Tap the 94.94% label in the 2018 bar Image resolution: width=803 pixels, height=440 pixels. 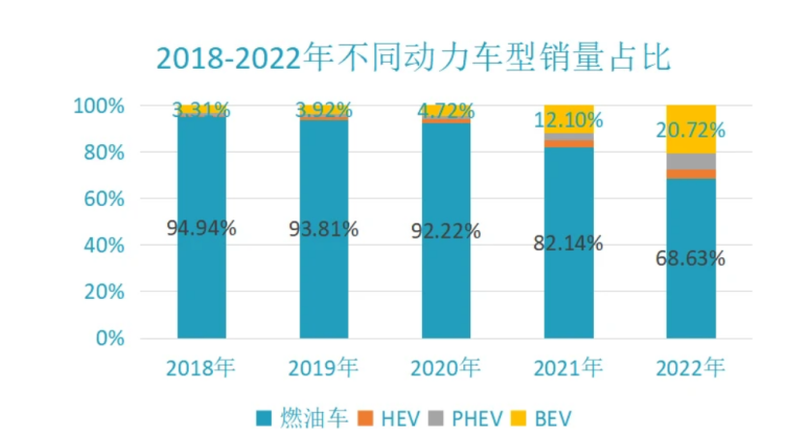[201, 229]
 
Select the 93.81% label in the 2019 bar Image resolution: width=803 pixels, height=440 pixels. [324, 229]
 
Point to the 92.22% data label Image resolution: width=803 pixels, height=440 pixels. [446, 231]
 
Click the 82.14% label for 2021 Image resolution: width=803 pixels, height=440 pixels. [568, 243]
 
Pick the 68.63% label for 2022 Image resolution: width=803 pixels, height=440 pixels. [690, 259]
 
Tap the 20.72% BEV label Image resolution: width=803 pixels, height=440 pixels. [690, 130]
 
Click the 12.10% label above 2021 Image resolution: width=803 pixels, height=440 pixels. [568, 121]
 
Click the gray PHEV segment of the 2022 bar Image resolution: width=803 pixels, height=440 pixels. [691, 161]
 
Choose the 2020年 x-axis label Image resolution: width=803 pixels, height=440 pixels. [445, 367]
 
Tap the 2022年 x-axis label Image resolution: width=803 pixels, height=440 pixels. [690, 367]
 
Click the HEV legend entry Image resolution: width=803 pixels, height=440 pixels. [388, 419]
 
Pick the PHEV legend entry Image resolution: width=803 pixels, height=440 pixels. [467, 419]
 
